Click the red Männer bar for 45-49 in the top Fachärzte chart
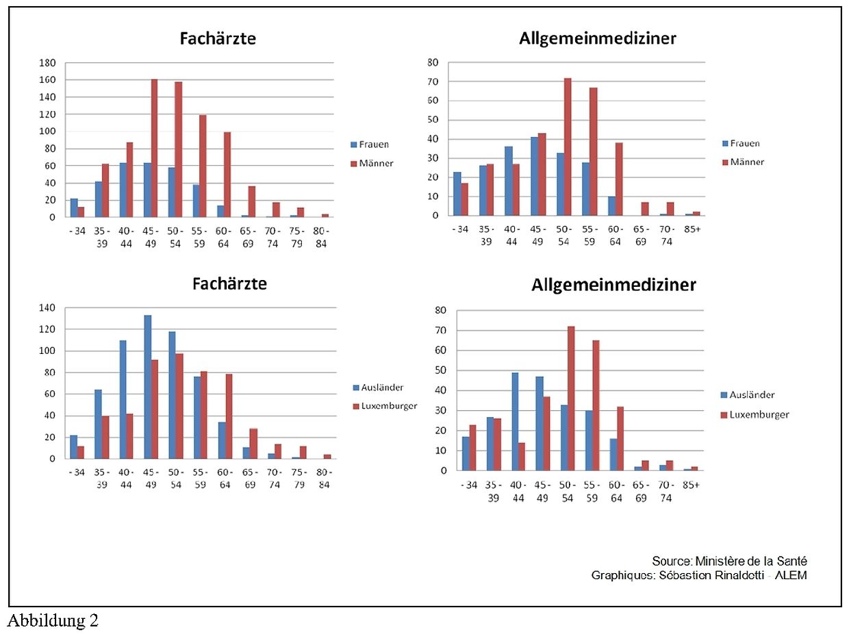pos(154,148)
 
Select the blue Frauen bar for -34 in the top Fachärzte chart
pos(74,208)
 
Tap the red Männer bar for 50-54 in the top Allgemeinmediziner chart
pos(567,147)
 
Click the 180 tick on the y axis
pos(48,63)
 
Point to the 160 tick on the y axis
pos(48,80)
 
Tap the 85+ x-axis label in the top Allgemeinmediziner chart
pos(692,229)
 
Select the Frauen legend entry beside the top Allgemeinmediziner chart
pos(743,144)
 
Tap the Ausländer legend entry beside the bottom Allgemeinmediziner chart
pos(752,395)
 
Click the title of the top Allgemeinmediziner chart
pos(597,38)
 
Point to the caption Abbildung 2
pos(53,621)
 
